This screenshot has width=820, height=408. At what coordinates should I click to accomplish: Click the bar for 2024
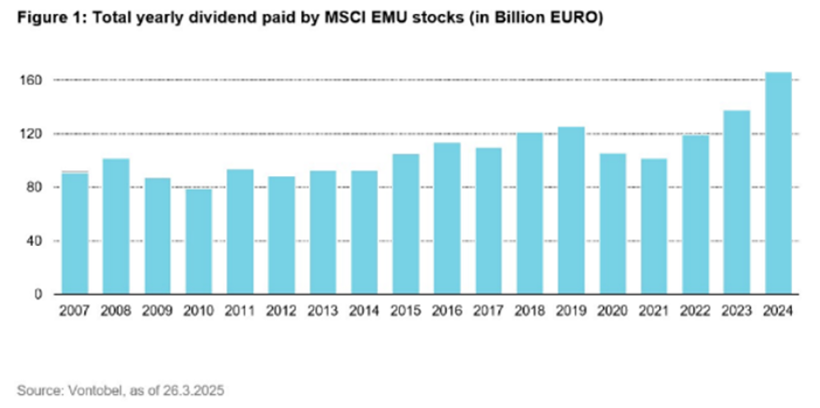click(x=778, y=183)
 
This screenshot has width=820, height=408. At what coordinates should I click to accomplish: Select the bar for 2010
click(x=198, y=241)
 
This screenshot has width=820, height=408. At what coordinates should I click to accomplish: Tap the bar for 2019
click(x=571, y=211)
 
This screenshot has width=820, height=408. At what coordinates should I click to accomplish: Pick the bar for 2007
click(x=74, y=233)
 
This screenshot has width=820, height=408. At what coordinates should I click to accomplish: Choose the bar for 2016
click(x=446, y=219)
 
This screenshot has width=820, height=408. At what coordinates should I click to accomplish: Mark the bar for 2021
click(x=653, y=226)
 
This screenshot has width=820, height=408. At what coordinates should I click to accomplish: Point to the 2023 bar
click(x=737, y=202)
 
